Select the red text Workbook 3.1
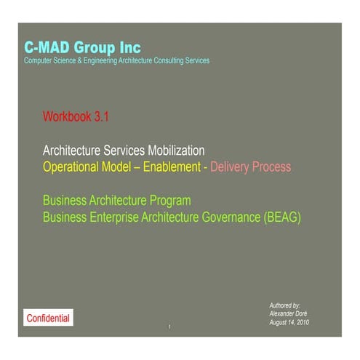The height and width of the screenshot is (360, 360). pyautogui.click(x=76, y=116)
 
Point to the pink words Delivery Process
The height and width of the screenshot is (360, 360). pyautogui.click(x=250, y=167)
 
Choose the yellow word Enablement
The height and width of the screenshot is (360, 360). pyautogui.click(x=172, y=167)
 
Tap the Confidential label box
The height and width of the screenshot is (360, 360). pyautogui.click(x=48, y=318)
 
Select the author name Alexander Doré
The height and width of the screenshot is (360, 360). pyautogui.click(x=287, y=313)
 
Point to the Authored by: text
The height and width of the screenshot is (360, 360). pyautogui.click(x=284, y=305)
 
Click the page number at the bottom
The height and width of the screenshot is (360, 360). pyautogui.click(x=169, y=327)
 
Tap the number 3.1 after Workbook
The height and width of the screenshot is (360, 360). pyautogui.click(x=100, y=116)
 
